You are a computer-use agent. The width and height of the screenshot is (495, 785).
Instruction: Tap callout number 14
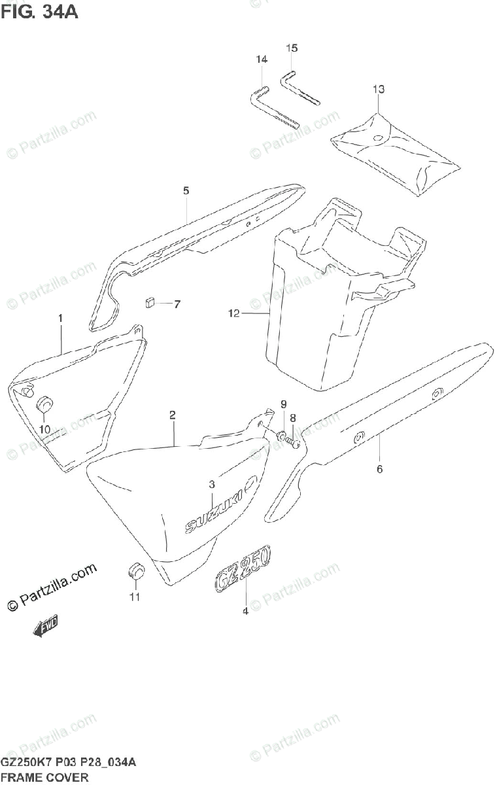(262, 60)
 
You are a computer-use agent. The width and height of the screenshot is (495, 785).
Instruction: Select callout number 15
(292, 48)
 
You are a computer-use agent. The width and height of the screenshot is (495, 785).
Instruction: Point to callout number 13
(379, 88)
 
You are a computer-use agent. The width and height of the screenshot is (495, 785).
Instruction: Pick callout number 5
(186, 190)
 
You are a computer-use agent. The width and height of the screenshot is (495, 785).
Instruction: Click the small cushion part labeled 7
(149, 302)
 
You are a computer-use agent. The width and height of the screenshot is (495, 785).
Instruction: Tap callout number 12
(234, 314)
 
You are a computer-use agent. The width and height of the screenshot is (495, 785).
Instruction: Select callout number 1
(60, 318)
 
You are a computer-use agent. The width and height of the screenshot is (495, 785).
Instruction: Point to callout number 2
(172, 415)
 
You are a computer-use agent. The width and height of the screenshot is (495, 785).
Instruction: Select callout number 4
(245, 612)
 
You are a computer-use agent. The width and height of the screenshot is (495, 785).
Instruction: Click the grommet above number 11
(135, 571)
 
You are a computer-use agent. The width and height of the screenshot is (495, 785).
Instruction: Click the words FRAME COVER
(44, 777)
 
